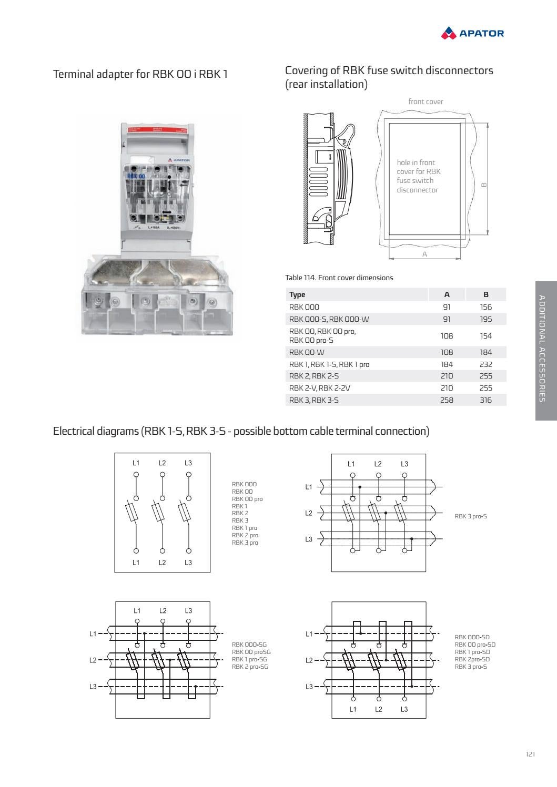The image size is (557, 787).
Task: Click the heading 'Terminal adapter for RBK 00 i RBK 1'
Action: click(140, 74)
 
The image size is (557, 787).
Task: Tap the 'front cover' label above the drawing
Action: click(426, 101)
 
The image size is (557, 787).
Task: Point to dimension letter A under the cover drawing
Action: click(424, 254)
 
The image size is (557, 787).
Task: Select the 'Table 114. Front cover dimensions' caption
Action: click(339, 278)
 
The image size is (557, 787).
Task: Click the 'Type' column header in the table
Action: click(297, 294)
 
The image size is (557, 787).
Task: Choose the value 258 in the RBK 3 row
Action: click(447, 400)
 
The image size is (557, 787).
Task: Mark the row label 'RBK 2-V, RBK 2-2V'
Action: click(319, 388)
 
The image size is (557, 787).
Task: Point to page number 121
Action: click(530, 754)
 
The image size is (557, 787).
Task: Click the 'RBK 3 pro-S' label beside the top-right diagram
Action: click(470, 516)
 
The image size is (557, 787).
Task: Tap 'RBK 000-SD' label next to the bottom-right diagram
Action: click(472, 637)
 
